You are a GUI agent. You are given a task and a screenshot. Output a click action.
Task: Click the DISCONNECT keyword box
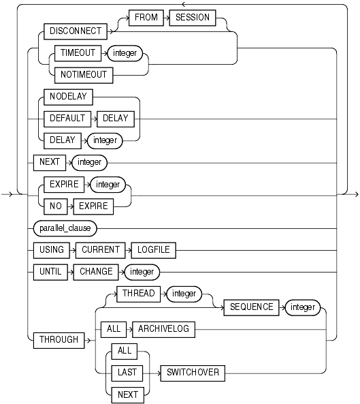[71, 31]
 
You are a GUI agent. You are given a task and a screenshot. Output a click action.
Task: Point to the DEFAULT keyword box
[66, 118]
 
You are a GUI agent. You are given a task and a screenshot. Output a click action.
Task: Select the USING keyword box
[51, 250]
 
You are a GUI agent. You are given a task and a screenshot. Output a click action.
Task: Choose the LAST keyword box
[127, 373]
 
